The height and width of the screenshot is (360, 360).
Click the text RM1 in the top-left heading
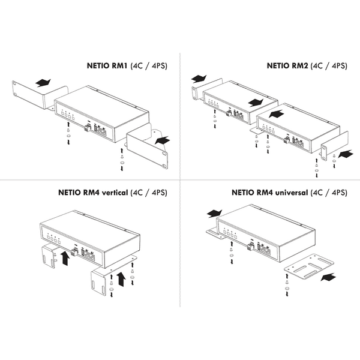pyautogui.click(x=119, y=65)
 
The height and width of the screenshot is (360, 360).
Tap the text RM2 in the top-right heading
pyautogui.click(x=299, y=65)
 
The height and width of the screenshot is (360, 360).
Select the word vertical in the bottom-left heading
pyautogui.click(x=115, y=192)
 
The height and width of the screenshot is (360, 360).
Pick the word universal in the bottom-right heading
pyautogui.click(x=292, y=192)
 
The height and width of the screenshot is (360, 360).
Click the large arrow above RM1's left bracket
pyautogui.click(x=43, y=83)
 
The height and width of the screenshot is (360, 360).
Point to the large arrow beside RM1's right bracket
pyautogui.click(x=163, y=140)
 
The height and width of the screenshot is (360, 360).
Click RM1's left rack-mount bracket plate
pyautogui.click(x=40, y=95)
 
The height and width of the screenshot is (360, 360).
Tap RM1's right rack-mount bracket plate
pyautogui.click(x=147, y=147)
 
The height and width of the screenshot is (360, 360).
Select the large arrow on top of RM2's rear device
pyautogui.click(x=256, y=103)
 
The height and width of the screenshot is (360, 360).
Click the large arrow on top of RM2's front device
pyautogui.click(x=276, y=113)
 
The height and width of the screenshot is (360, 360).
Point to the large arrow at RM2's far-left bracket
pyautogui.click(x=199, y=79)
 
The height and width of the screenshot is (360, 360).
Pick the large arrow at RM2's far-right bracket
pyautogui.click(x=346, y=154)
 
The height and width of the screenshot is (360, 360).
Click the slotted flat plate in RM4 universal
pyautogui.click(x=309, y=266)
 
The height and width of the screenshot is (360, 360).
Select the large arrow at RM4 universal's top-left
pyautogui.click(x=214, y=214)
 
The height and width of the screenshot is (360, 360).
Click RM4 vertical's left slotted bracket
pyautogui.click(x=49, y=257)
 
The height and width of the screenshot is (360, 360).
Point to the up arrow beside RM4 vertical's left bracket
pyautogui.click(x=65, y=259)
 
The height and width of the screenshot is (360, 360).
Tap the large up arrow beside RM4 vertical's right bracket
pyautogui.click(x=121, y=279)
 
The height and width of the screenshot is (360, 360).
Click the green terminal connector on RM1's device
pyautogui.click(x=88, y=128)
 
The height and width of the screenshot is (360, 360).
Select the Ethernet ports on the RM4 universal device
pyautogui.click(x=266, y=251)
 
